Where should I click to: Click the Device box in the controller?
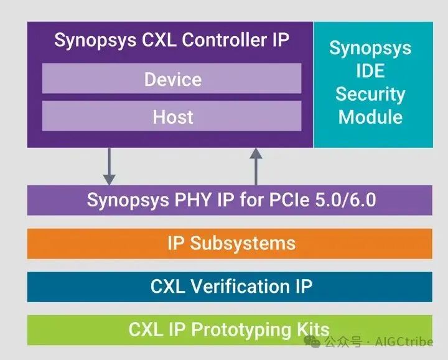pyautogui.click(x=172, y=79)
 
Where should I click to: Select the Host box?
pyautogui.click(x=172, y=116)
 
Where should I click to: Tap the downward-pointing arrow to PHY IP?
pyautogui.click(x=110, y=165)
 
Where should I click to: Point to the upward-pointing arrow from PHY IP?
pyautogui.click(x=256, y=165)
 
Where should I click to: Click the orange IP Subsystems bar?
pyautogui.click(x=230, y=243)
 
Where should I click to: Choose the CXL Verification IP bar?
pyautogui.click(x=230, y=286)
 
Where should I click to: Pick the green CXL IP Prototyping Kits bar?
pyautogui.click(x=230, y=329)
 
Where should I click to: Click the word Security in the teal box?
pyautogui.click(x=370, y=94)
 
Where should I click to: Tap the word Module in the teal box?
pyautogui.click(x=370, y=116)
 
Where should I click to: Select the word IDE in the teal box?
pyautogui.click(x=370, y=71)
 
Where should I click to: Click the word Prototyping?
pyautogui.click(x=246, y=329)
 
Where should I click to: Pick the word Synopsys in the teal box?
pyautogui.click(x=370, y=48)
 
